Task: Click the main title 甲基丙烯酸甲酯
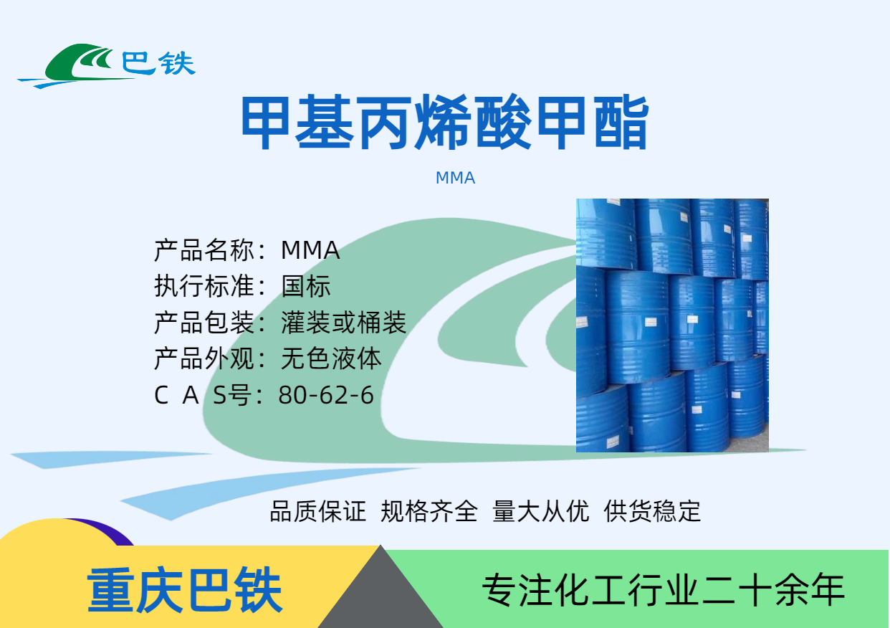tap(445, 122)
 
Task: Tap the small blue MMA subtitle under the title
tap(455, 178)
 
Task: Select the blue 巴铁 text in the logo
tap(158, 64)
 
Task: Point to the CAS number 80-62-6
tap(326, 395)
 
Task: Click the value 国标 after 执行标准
tap(305, 286)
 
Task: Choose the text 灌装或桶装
tap(344, 323)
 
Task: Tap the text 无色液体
tap(331, 358)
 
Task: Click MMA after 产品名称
tap(310, 250)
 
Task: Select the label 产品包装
tap(204, 323)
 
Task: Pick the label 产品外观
tap(204, 358)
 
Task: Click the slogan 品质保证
tap(318, 511)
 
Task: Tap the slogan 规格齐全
tap(429, 511)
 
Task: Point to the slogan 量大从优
tap(541, 511)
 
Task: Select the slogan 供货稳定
tap(652, 511)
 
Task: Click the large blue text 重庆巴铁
tap(185, 589)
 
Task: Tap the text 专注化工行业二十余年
tap(663, 590)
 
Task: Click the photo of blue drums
tap(672, 325)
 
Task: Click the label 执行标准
tap(204, 286)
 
